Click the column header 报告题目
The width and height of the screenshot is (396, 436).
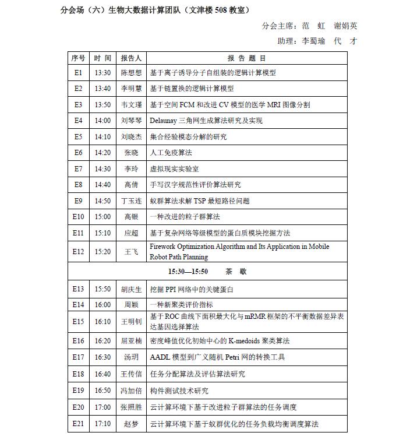(247, 58)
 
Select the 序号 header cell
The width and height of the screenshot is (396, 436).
(78, 58)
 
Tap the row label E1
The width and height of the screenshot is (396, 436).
(78, 73)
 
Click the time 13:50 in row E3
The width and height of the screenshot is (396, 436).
(102, 105)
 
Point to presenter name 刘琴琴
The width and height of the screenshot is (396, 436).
(132, 121)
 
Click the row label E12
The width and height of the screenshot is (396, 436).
(78, 252)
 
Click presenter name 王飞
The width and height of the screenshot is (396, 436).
(132, 252)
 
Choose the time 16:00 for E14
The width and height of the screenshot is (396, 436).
(102, 304)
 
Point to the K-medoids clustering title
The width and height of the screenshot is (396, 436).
(220, 341)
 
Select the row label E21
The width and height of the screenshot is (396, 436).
(78, 424)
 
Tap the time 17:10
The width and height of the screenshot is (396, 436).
(102, 424)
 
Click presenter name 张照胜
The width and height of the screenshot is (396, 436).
(132, 407)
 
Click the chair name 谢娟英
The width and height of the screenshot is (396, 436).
(345, 26)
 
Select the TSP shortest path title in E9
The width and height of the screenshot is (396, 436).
(200, 201)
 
